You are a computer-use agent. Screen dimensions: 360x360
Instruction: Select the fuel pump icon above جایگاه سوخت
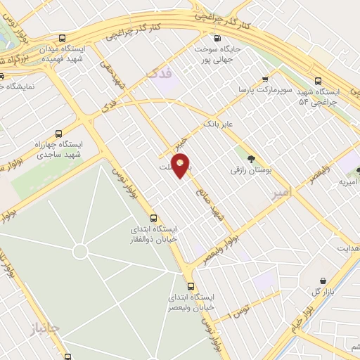217,38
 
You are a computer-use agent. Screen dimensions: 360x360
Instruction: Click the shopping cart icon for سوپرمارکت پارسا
265,79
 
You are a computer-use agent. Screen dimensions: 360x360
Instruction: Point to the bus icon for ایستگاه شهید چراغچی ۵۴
319,80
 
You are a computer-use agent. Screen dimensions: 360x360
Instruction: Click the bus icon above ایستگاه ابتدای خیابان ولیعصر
191,285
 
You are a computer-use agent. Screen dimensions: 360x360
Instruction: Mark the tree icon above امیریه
359,170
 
